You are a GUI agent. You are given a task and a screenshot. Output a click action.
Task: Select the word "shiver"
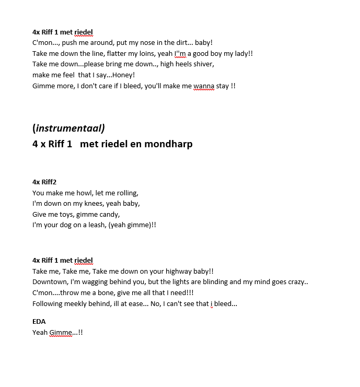203,64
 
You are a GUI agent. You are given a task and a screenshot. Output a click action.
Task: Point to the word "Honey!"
123,75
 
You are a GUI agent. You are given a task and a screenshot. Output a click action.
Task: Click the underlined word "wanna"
204,86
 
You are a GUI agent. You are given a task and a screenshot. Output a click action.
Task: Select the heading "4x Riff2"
44,182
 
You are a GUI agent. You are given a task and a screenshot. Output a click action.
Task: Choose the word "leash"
94,225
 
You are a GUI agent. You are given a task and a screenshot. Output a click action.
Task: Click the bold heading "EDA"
39,321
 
